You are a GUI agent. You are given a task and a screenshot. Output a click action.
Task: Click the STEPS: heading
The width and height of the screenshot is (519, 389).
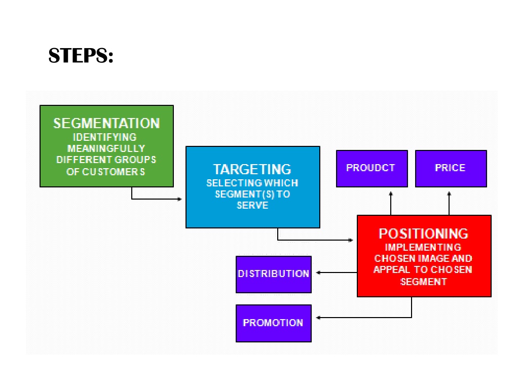pyautogui.click(x=81, y=55)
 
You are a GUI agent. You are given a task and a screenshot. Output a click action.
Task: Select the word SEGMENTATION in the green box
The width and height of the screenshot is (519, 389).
pyautogui.click(x=106, y=124)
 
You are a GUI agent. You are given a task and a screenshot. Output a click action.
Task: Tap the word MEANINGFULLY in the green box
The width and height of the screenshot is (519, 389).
pyautogui.click(x=106, y=148)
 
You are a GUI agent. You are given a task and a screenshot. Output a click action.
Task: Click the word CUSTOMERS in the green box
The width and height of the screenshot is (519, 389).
pyautogui.click(x=114, y=172)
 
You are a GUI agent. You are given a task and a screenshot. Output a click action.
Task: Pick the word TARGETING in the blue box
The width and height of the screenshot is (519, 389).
pyautogui.click(x=252, y=169)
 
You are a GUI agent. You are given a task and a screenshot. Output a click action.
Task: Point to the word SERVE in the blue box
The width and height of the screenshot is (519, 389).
pyautogui.click(x=252, y=206)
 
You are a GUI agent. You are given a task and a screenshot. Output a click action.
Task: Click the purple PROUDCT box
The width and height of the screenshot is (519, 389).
pyautogui.click(x=372, y=169)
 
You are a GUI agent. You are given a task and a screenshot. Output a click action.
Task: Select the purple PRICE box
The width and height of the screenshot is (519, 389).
pyautogui.click(x=451, y=169)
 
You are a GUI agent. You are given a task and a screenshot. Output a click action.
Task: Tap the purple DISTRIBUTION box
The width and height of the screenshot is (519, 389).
pyautogui.click(x=273, y=274)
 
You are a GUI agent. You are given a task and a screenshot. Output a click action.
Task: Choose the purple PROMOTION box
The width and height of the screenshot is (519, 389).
pyautogui.click(x=273, y=323)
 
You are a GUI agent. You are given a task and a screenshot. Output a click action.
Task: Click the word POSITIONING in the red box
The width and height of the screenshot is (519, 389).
pyautogui.click(x=424, y=234)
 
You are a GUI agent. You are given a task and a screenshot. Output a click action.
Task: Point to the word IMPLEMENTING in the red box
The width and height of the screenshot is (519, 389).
pyautogui.click(x=423, y=247)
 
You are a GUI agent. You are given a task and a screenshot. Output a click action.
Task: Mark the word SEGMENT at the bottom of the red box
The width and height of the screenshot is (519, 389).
pyautogui.click(x=424, y=282)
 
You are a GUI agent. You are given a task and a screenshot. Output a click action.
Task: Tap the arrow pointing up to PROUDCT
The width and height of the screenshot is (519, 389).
pyautogui.click(x=391, y=203)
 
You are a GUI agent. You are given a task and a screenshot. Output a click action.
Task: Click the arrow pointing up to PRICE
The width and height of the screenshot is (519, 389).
pyautogui.click(x=449, y=203)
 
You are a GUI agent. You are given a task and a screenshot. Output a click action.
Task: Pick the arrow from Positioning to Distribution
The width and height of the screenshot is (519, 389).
pyautogui.click(x=337, y=273)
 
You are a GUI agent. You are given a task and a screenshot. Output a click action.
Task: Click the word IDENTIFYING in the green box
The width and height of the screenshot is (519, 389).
pyautogui.click(x=104, y=137)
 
